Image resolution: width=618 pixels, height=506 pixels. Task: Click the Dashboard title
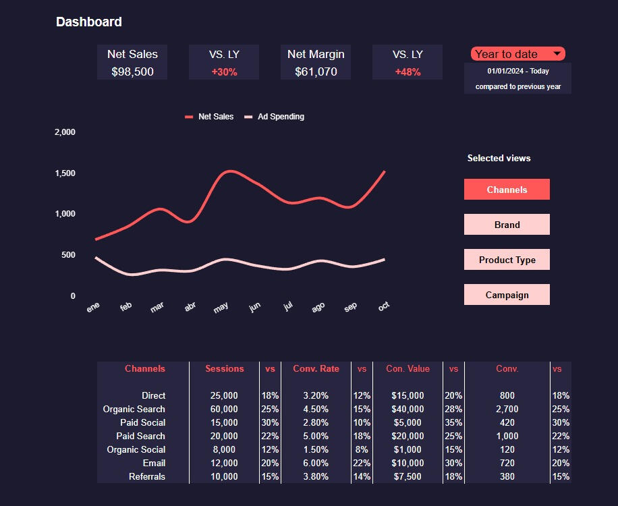tap(88, 22)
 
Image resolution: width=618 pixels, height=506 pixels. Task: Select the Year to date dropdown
tap(517, 54)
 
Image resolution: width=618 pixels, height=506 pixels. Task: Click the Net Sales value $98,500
tap(132, 72)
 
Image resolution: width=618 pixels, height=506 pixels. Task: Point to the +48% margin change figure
tap(408, 72)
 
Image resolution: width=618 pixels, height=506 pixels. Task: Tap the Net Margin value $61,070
tap(316, 72)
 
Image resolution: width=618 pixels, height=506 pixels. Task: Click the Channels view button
tap(507, 190)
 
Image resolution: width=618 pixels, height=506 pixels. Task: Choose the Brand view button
tap(507, 225)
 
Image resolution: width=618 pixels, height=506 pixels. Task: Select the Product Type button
tap(507, 260)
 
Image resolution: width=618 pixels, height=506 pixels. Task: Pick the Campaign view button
tap(507, 295)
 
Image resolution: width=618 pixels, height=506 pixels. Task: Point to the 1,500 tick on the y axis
tap(65, 173)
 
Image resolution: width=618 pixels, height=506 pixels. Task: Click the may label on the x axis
tap(221, 307)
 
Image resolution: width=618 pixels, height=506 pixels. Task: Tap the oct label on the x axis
tap(384, 306)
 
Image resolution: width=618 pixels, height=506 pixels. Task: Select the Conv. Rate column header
tap(316, 368)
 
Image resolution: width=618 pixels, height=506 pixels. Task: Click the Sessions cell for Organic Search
tap(224, 409)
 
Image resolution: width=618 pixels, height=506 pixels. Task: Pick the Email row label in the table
tap(154, 463)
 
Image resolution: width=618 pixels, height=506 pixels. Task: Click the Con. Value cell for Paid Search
tap(408, 436)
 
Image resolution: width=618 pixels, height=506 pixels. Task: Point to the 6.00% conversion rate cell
tap(316, 463)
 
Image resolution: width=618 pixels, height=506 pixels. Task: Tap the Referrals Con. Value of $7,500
tap(408, 476)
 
